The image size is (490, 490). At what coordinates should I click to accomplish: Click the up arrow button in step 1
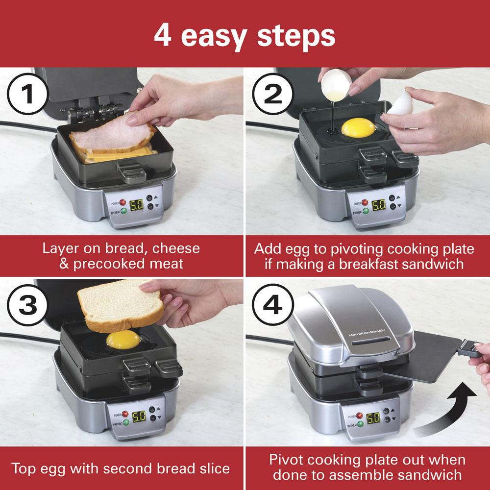[x=157, y=197]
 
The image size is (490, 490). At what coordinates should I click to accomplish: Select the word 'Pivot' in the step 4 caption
[x=290, y=460]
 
